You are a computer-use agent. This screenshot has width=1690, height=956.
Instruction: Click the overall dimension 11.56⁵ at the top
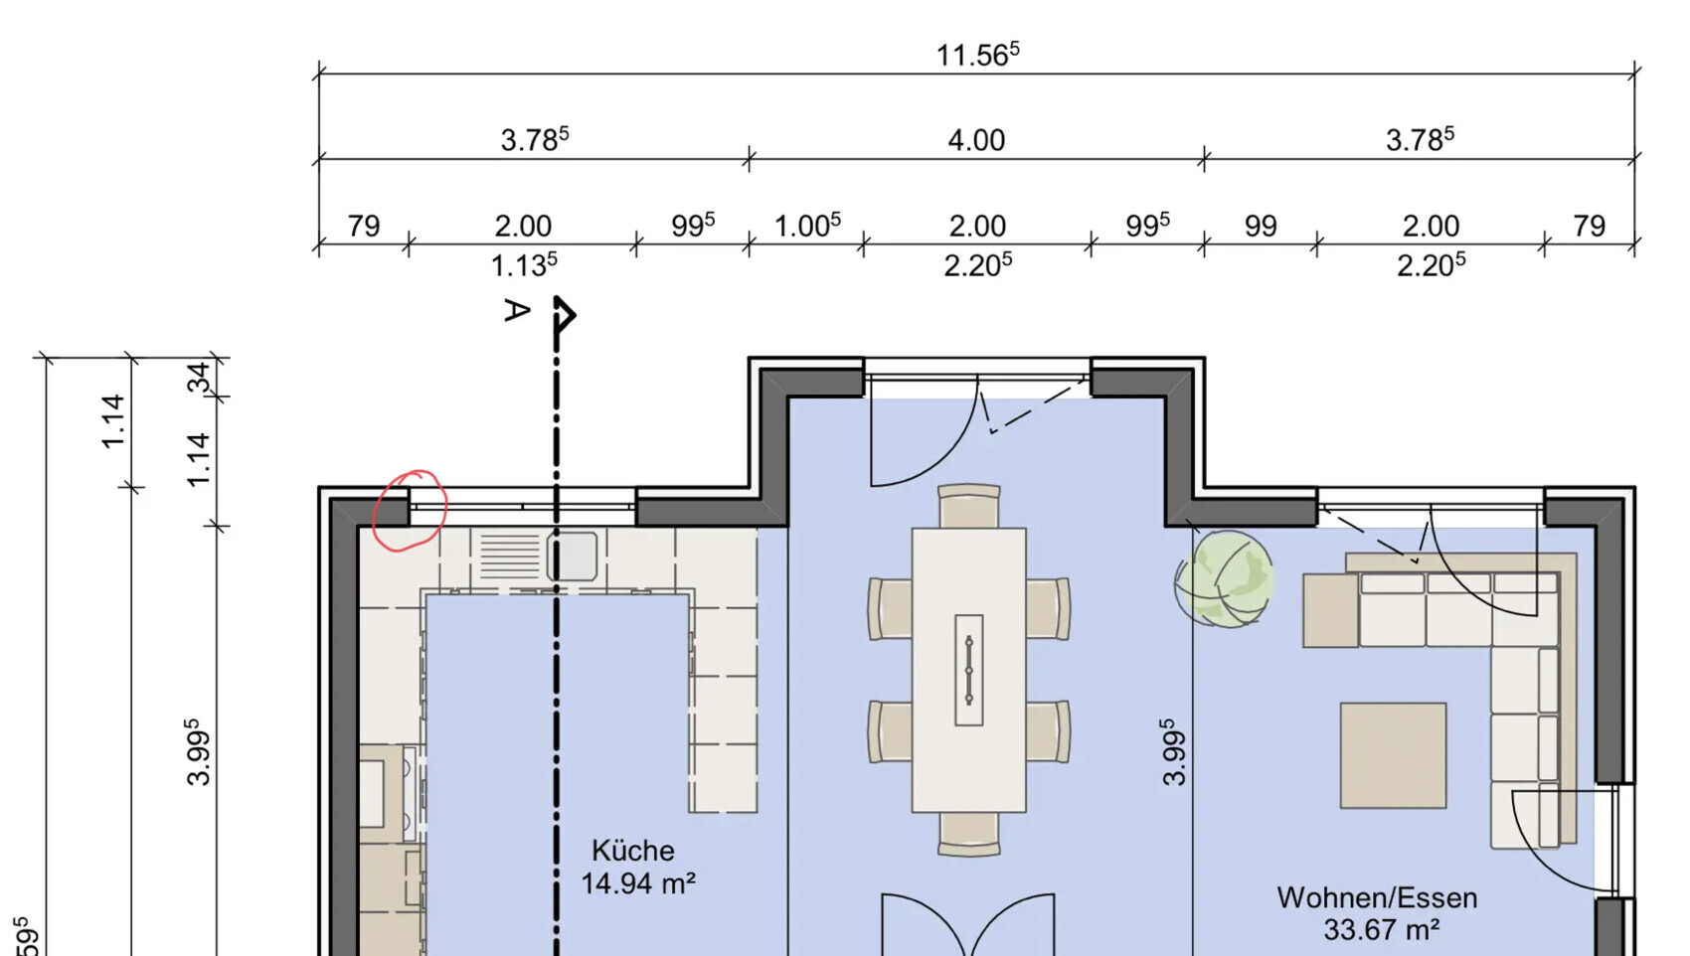coord(977,55)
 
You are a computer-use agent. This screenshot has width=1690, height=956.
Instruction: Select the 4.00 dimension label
coord(976,140)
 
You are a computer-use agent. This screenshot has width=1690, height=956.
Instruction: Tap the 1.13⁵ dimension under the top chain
coord(524,264)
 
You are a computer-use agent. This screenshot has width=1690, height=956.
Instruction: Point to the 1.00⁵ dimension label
coord(807,225)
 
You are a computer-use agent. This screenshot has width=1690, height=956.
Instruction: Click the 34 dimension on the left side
coord(199,378)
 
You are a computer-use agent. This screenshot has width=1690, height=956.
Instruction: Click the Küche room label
coord(633,851)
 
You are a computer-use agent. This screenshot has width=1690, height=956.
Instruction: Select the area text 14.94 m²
coord(637,882)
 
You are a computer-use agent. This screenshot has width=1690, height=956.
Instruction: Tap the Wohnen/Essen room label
coord(1377,897)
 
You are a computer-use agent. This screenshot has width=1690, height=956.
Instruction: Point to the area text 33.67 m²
coord(1381,929)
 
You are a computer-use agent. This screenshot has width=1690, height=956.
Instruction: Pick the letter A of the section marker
coord(517,310)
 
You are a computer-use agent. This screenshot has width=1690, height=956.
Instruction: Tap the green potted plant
coord(1225,579)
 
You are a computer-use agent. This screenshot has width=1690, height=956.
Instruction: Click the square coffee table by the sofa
coord(1393,755)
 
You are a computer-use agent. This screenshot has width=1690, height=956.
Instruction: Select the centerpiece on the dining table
coord(968,670)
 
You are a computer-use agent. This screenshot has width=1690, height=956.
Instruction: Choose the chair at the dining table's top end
coord(968,505)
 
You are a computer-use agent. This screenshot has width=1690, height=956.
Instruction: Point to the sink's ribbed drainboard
coord(511,557)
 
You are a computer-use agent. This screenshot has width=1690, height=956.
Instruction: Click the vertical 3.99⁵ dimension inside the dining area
coord(1174,752)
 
